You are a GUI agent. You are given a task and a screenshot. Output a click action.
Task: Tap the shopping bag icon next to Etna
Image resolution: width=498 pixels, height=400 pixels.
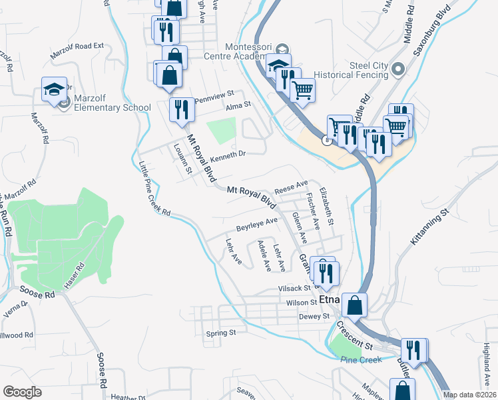pos(356,305)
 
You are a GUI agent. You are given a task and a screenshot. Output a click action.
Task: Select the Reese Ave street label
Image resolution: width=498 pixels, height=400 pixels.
pos(292,185)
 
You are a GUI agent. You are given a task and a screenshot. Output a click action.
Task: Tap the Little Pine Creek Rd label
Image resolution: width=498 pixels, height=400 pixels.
pos(154,190)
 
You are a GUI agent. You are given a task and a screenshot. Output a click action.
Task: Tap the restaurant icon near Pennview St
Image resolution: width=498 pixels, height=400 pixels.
pos(181,109)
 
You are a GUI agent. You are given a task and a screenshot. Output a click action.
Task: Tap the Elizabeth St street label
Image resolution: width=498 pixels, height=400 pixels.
pos(327,207)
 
